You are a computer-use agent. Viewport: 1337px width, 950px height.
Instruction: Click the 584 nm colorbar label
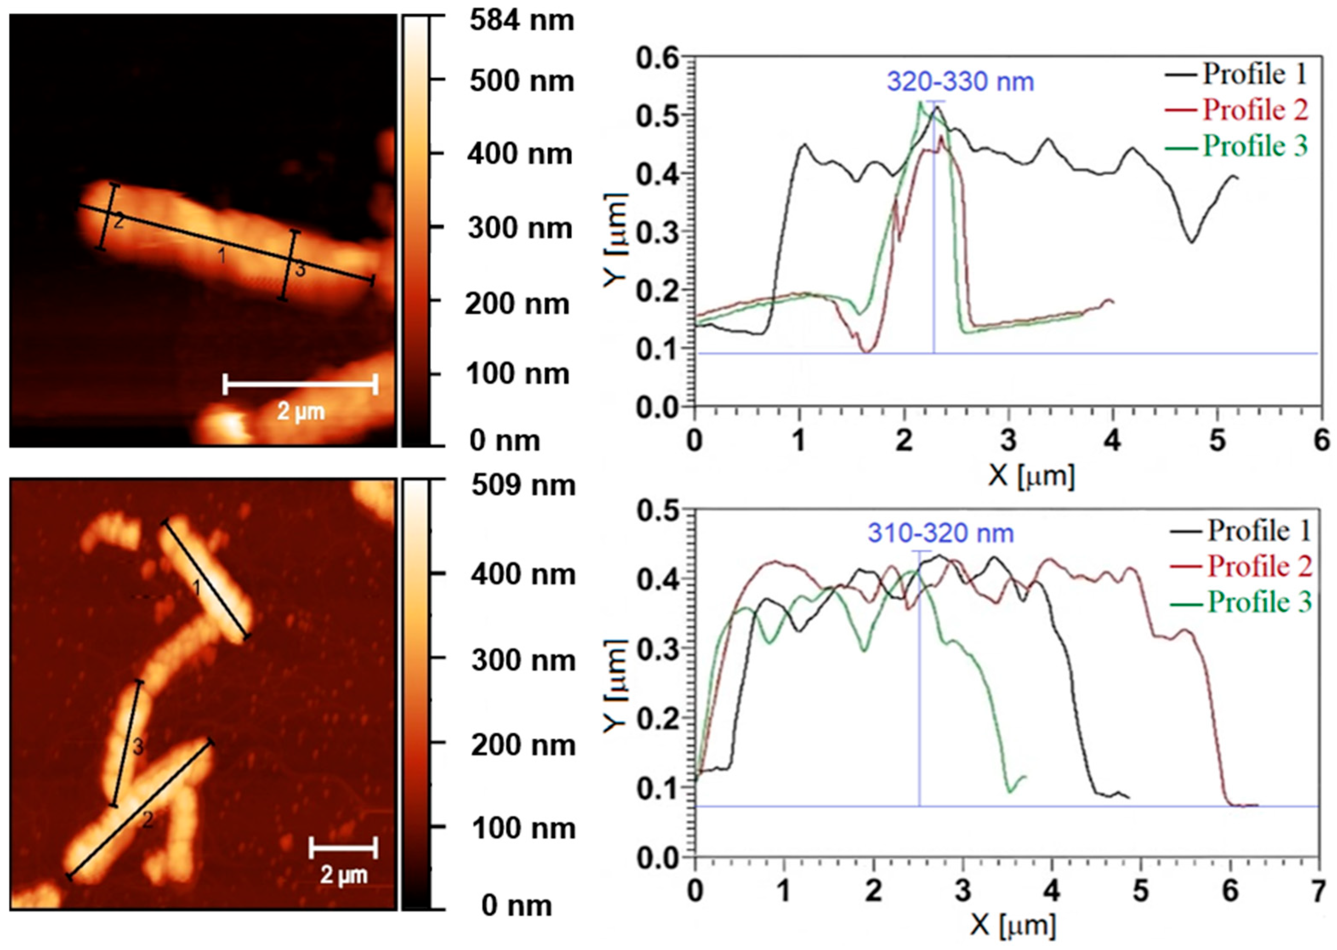pos(522,21)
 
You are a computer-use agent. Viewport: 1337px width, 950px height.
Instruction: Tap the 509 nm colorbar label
pos(523,485)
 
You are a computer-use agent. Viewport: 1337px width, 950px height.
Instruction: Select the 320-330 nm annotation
pos(960,81)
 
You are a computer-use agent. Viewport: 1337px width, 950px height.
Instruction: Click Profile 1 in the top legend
pos(1253,74)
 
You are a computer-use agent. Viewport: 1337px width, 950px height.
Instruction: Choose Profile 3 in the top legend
pos(1255,145)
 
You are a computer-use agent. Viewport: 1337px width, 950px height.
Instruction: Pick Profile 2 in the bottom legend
pos(1260,566)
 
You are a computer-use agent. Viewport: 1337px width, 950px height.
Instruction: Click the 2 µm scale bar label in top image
pos(301,411)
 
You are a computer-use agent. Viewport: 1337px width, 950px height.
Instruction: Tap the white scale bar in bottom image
pos(343,847)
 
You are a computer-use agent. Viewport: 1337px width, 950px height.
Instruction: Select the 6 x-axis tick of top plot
pos(1322,440)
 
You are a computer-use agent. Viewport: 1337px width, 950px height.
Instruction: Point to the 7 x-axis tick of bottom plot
pos(1318,892)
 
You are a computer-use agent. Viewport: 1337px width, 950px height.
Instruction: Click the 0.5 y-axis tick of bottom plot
pos(658,511)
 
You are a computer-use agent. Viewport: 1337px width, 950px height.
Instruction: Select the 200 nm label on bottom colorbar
pos(523,746)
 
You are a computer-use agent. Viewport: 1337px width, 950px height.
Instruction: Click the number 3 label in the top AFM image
pos(299,270)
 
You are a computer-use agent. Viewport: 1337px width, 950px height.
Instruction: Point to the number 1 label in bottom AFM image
pos(197,588)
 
